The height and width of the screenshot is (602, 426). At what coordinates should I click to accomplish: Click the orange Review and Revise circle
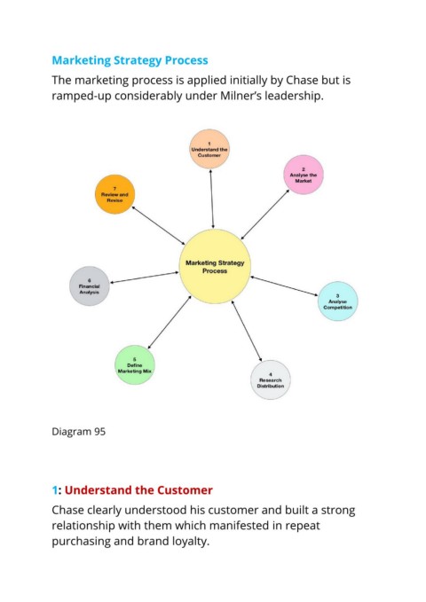(x=114, y=194)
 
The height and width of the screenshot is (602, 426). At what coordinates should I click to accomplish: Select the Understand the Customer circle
(x=209, y=149)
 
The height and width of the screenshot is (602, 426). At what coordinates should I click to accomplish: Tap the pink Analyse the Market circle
(x=304, y=175)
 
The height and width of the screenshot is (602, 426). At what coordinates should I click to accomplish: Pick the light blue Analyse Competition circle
(x=337, y=301)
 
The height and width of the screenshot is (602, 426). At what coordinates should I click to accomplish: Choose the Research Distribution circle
(x=271, y=379)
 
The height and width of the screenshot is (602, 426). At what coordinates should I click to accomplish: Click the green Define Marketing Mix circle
(x=135, y=364)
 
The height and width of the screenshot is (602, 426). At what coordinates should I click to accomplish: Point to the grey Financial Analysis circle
(x=90, y=286)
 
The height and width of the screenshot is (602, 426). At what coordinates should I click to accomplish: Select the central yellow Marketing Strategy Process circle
(x=215, y=267)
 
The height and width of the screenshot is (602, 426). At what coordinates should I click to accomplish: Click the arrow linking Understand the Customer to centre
(x=212, y=199)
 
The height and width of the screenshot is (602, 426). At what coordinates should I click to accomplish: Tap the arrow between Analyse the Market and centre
(x=264, y=215)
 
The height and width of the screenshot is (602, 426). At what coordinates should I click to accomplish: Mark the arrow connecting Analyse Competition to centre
(x=284, y=286)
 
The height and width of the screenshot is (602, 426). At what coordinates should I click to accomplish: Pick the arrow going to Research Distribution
(x=247, y=331)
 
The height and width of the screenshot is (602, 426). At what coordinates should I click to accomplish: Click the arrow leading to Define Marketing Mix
(x=170, y=322)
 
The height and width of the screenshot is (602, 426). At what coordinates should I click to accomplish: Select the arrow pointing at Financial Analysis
(x=145, y=278)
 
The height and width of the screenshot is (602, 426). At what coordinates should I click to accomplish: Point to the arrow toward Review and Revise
(x=158, y=225)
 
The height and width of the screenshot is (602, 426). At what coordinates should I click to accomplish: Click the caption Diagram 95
(x=78, y=432)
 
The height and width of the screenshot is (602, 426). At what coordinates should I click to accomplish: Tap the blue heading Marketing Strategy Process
(x=130, y=60)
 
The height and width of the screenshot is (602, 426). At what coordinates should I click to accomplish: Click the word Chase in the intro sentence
(x=302, y=81)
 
